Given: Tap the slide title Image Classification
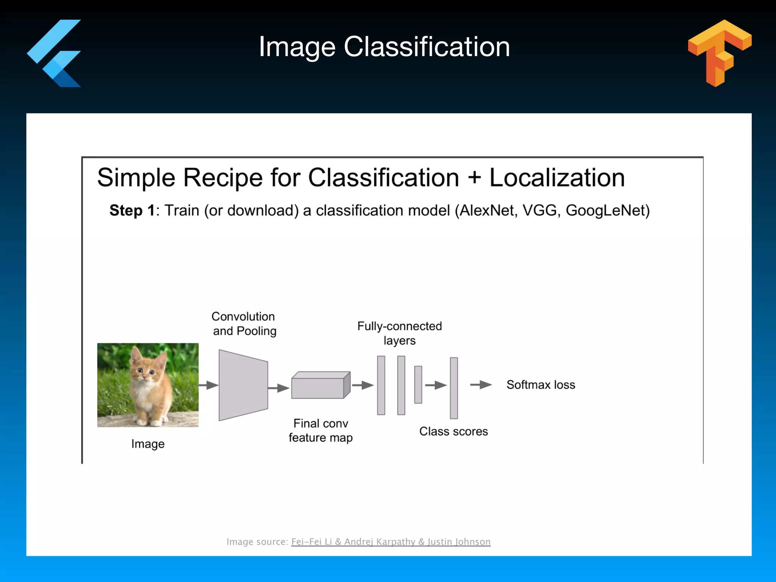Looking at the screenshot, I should pos(384,47).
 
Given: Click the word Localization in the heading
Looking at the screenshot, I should pos(557,177).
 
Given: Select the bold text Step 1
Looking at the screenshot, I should pos(132,211).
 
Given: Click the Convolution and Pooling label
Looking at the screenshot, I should pos(244,324).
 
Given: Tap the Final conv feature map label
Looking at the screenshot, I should pos(321,430).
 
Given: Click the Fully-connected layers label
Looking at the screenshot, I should pos(399,333).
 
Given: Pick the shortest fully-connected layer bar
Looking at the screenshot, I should pos(418,385).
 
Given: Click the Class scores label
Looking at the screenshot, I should pos(454,431).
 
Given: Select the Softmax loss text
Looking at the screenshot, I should pos(541,385).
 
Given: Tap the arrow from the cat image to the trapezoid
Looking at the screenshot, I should pos(208,385).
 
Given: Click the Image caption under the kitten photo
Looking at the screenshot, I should pos(148,444).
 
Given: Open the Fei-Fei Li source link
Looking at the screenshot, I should pos(390,542).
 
